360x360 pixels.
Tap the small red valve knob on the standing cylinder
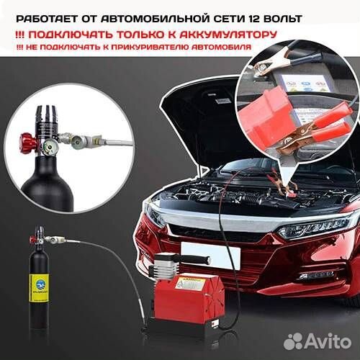(x=30, y=235)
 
